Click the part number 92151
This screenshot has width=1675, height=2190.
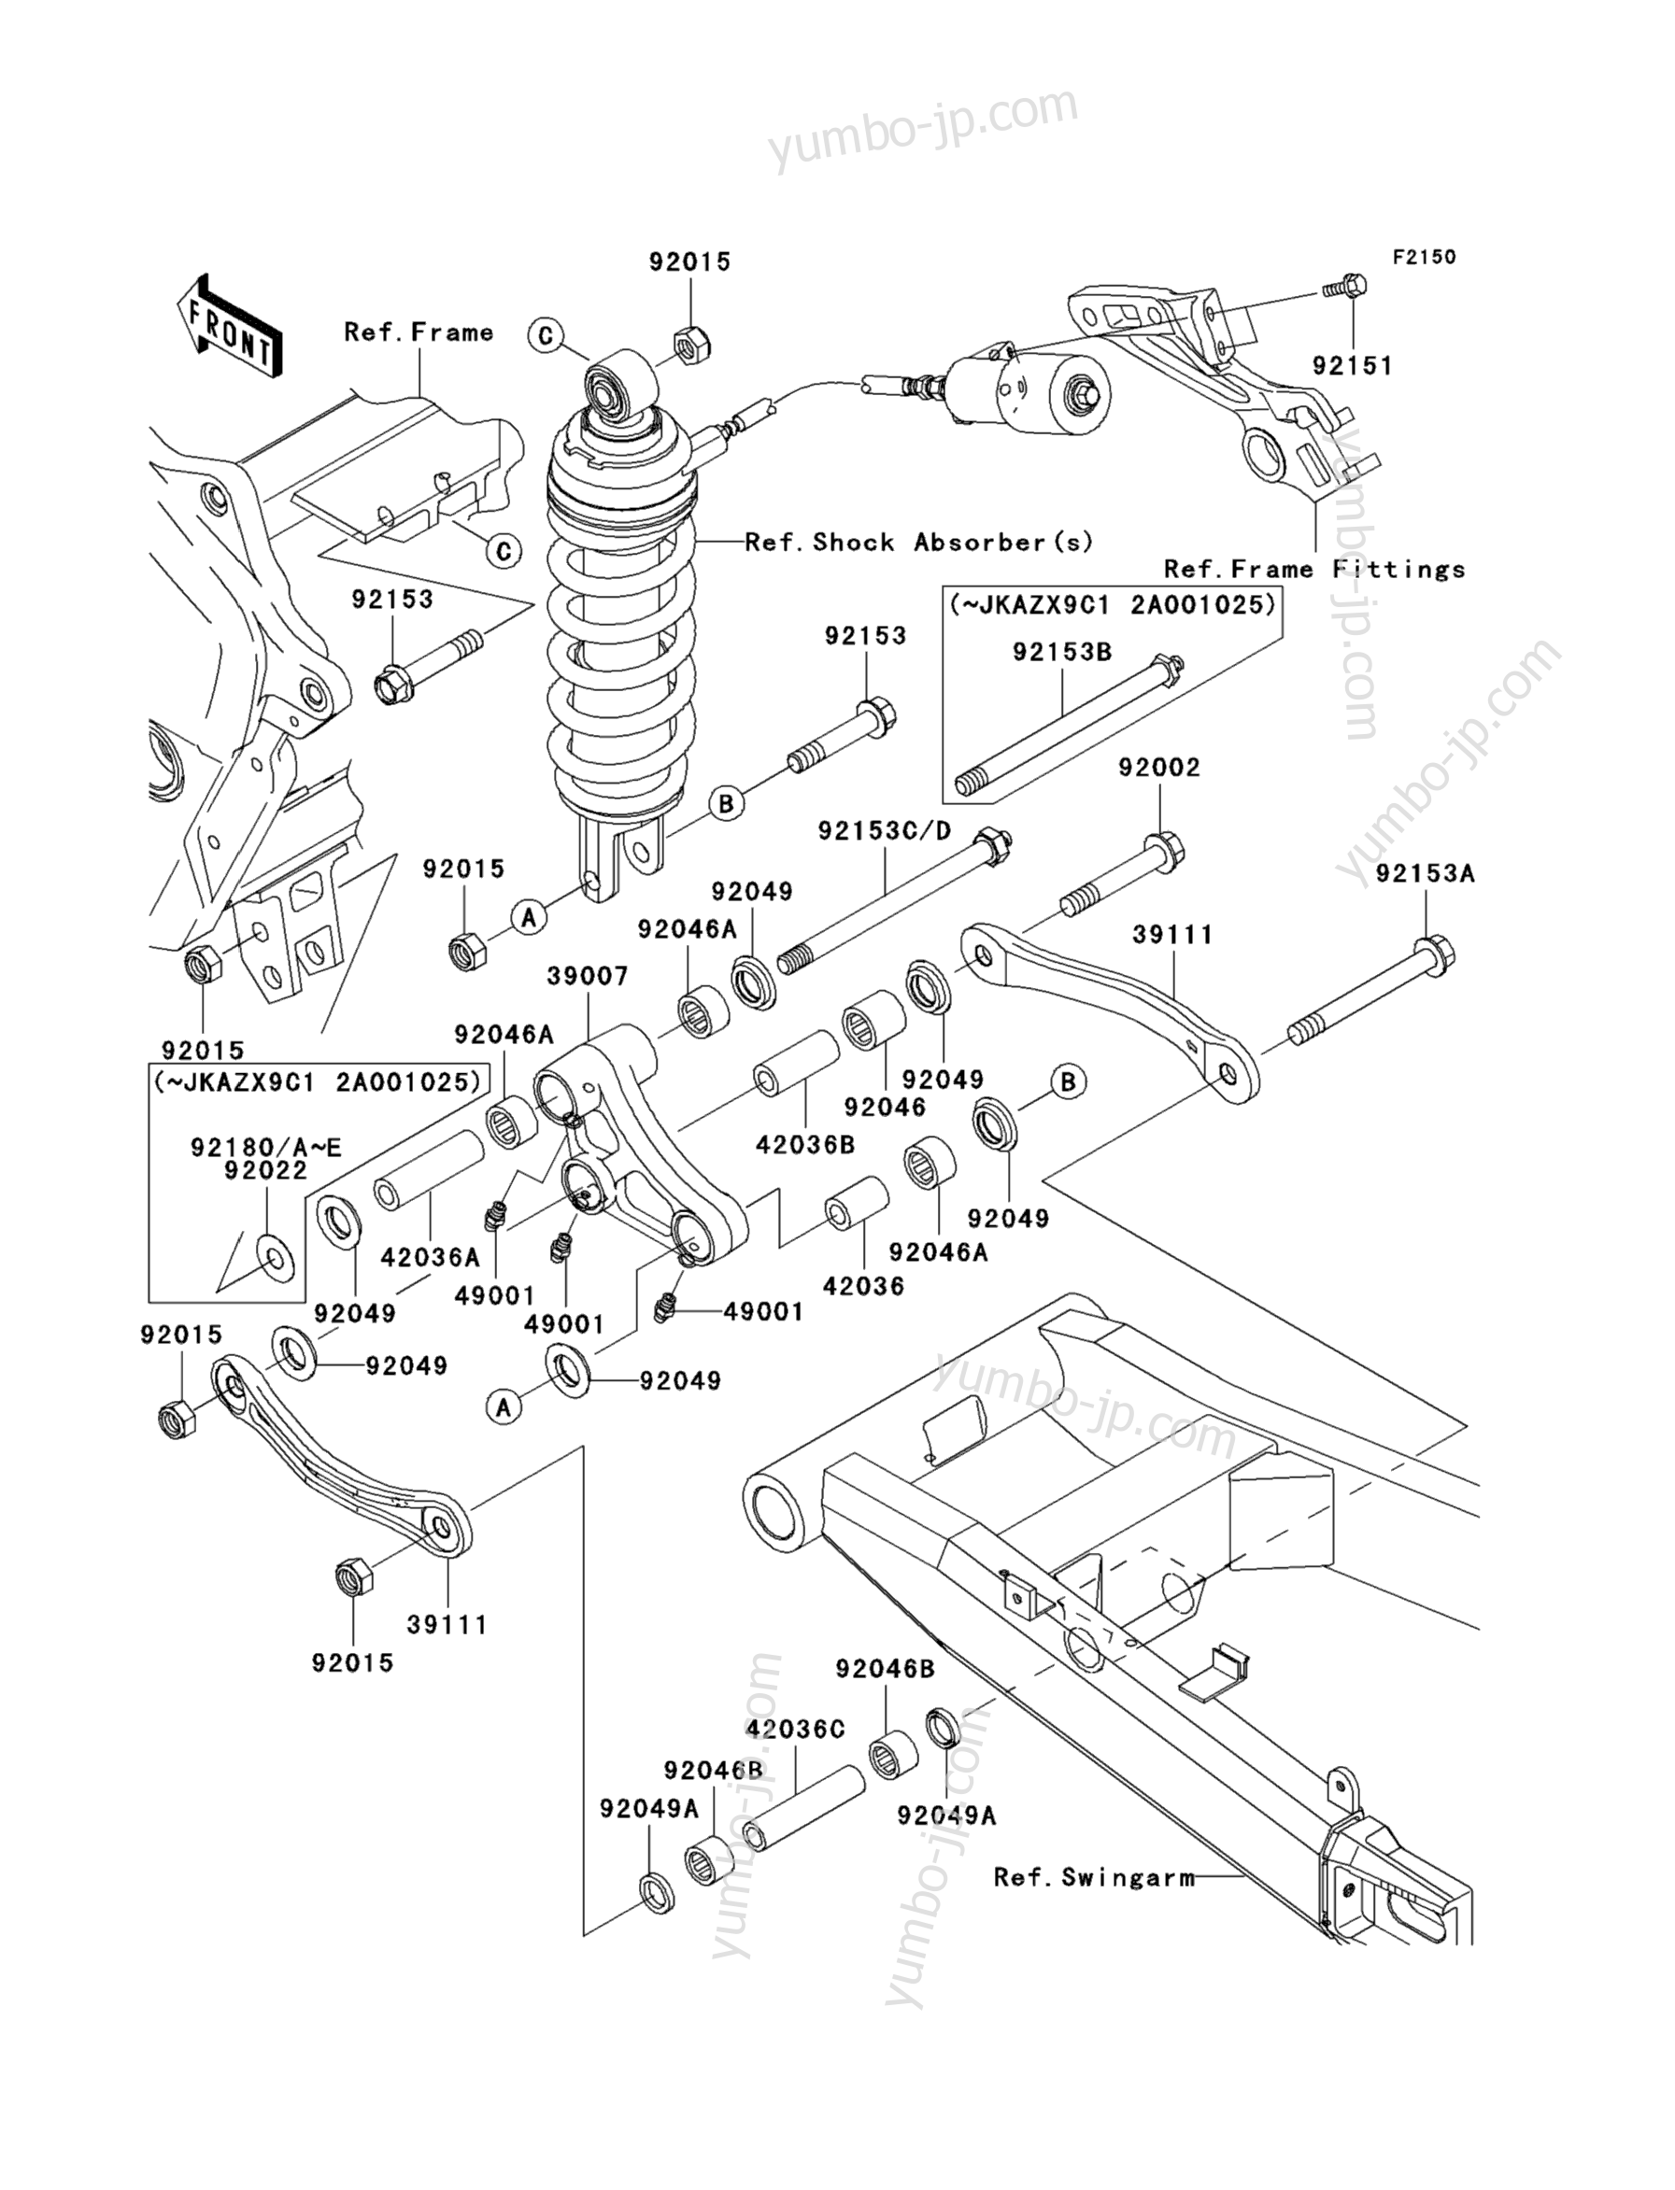pyautogui.click(x=1352, y=366)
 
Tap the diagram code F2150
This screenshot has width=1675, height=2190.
pyautogui.click(x=1424, y=257)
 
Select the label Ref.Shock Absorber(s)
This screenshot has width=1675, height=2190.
pyautogui.click(x=919, y=543)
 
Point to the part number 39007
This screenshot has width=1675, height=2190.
pyautogui.click(x=588, y=976)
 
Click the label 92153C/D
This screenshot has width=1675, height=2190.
pyautogui.click(x=886, y=830)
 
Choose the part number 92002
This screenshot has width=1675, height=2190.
pyautogui.click(x=1158, y=768)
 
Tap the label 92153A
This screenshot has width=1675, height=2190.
pyautogui.click(x=1425, y=873)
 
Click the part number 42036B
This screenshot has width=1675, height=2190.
pyautogui.click(x=805, y=1145)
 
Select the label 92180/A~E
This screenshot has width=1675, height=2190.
pyautogui.click(x=266, y=1148)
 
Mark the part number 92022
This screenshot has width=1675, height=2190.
pyautogui.click(x=266, y=1170)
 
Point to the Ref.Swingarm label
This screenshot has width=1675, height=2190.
pyautogui.click(x=1094, y=1878)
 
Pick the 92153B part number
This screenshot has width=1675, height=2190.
pyautogui.click(x=1062, y=652)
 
